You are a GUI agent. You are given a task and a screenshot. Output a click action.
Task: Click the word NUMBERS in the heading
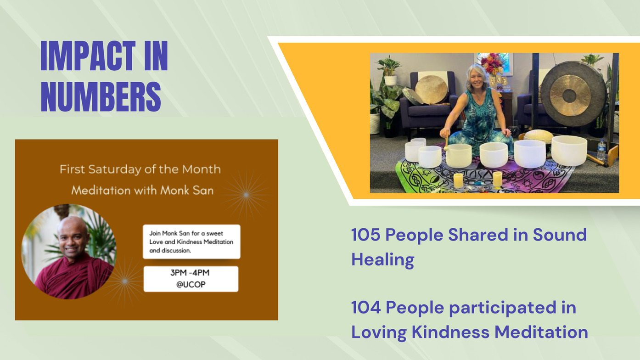pos(101,96)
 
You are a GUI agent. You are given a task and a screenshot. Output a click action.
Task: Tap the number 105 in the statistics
pos(366,235)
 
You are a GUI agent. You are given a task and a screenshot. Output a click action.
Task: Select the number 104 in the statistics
pos(366,308)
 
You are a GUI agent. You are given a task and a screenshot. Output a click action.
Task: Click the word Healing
pos(382,260)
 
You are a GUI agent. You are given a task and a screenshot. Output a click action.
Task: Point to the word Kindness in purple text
pos(450,332)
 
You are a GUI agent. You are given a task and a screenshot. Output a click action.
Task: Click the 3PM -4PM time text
pos(190,273)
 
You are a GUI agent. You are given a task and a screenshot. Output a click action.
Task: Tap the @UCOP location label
pos(191,285)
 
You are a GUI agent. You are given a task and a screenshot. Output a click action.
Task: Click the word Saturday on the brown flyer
pos(115,169)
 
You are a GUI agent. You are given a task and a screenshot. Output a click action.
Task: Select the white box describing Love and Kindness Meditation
pos(191,242)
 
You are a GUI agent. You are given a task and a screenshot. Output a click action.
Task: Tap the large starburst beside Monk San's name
pos(246,195)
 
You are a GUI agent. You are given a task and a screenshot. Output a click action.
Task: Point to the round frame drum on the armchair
pos(431,90)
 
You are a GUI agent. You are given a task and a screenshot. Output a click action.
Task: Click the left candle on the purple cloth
pos(458,180)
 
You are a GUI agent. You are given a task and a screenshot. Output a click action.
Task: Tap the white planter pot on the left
pos(390,80)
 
